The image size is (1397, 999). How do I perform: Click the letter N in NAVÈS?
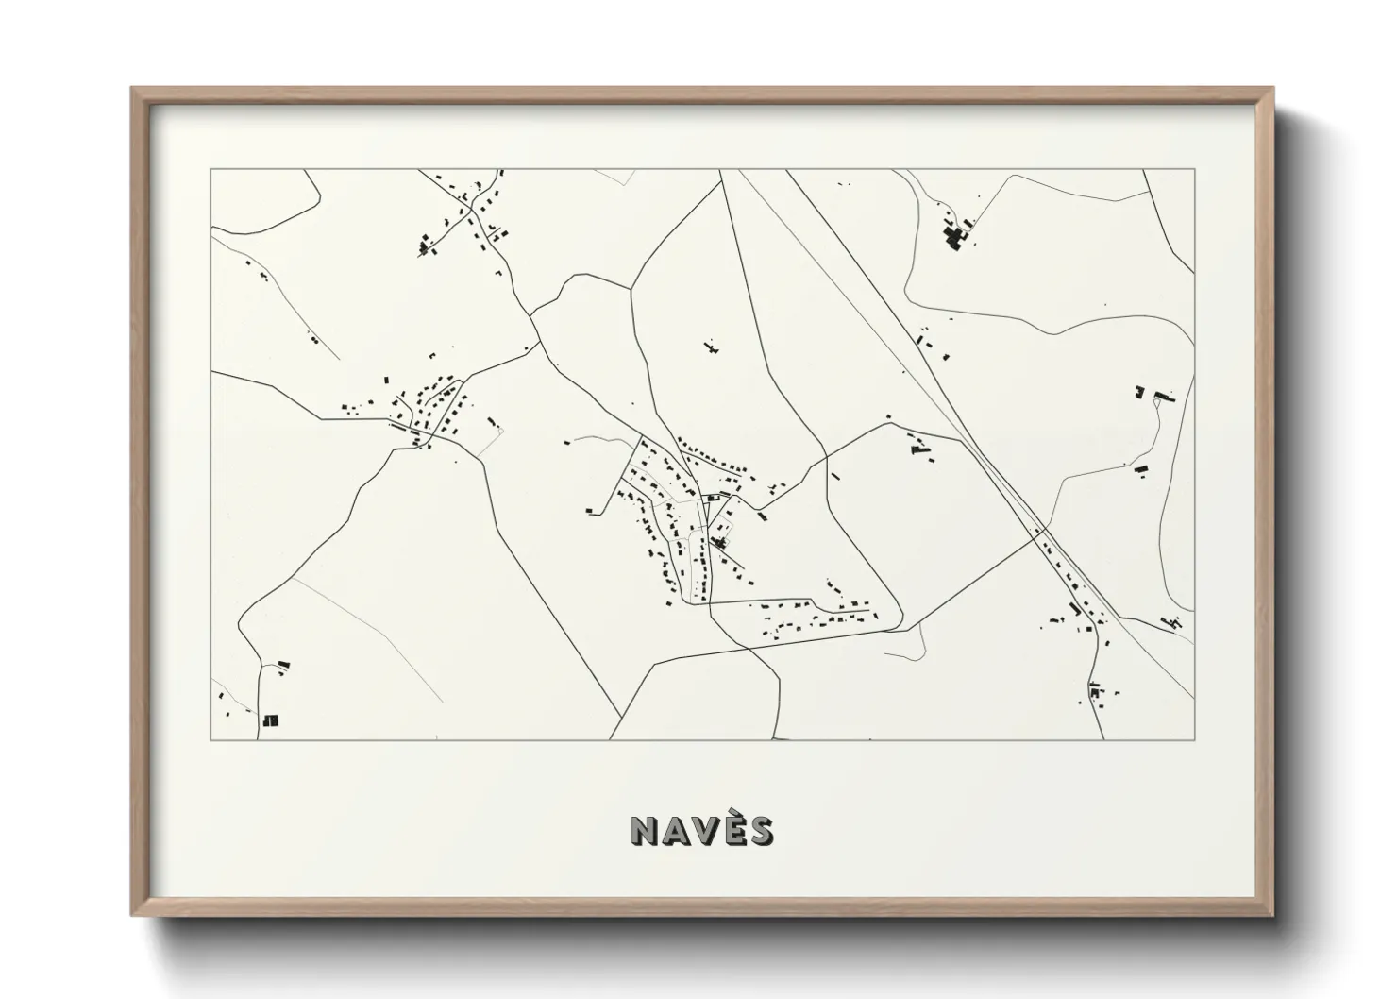pos(647,830)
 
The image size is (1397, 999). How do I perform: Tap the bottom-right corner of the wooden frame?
pos(1272,915)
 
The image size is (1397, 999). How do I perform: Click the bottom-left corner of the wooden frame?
pos(133,915)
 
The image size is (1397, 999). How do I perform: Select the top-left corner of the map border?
pos(210,170)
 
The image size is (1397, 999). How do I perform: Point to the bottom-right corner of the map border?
pos(1194,739)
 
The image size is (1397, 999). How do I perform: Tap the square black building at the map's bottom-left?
pos(271,720)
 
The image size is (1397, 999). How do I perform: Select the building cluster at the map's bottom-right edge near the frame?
pos(1174,621)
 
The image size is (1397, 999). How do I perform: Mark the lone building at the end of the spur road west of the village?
pos(589,511)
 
